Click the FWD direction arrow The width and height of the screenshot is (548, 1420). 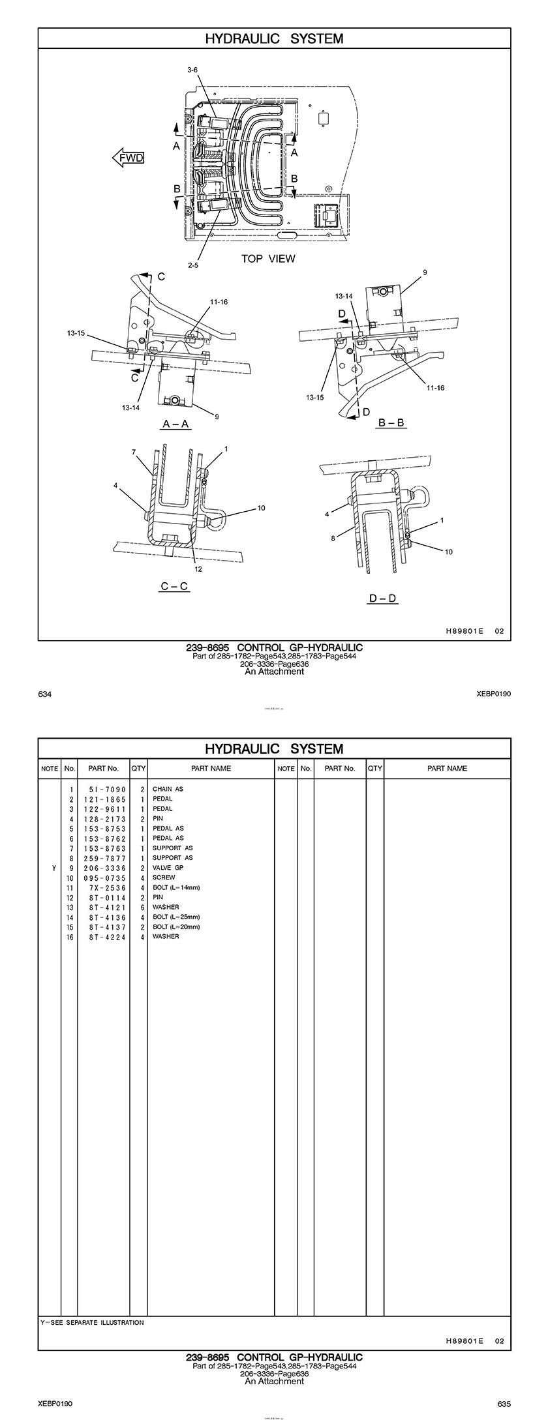[128, 157]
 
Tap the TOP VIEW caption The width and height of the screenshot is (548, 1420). [268, 259]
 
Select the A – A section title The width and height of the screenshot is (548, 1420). [176, 424]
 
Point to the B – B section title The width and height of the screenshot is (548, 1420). [391, 422]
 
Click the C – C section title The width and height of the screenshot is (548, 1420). [175, 586]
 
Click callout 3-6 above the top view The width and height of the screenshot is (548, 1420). [192, 69]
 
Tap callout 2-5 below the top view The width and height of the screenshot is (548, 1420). [192, 265]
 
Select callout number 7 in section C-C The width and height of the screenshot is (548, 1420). [134, 451]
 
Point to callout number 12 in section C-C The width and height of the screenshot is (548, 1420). [198, 569]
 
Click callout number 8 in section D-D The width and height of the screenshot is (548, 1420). [333, 538]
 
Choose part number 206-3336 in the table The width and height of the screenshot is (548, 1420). [104, 868]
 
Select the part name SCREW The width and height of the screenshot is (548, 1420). [164, 878]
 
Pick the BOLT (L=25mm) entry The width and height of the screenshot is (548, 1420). [176, 917]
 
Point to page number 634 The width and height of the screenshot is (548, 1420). [45, 694]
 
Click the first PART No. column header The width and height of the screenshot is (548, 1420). [104, 769]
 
